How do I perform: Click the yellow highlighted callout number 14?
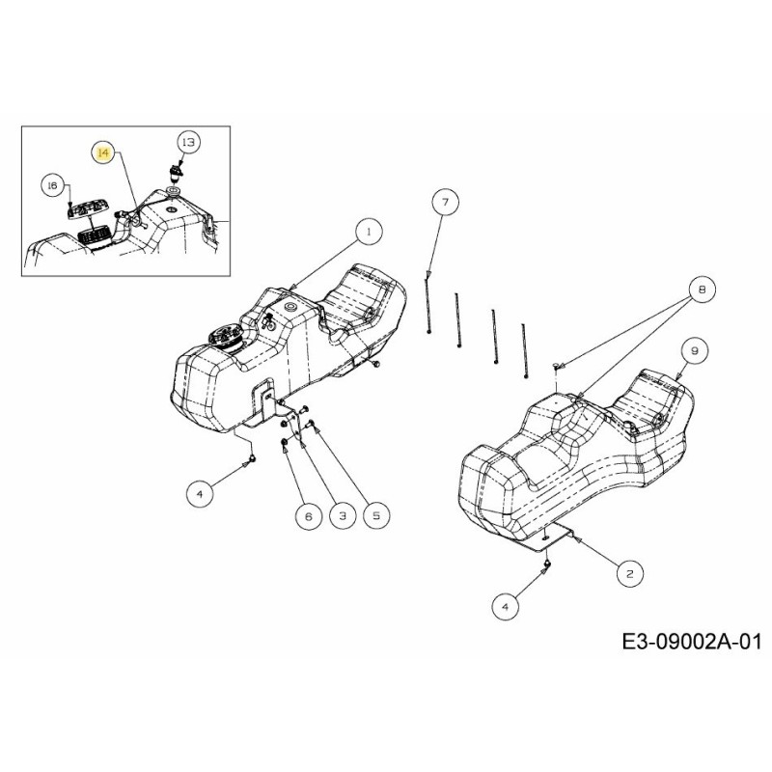(x=103, y=152)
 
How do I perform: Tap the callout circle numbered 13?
(x=188, y=142)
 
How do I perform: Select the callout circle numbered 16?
(x=54, y=185)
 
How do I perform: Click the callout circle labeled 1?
(x=368, y=232)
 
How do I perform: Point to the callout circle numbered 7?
(x=445, y=203)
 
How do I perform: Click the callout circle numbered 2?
(x=630, y=573)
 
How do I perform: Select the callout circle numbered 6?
(x=309, y=516)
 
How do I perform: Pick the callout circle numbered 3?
(x=341, y=516)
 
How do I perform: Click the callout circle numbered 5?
(x=374, y=516)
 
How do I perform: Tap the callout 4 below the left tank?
(x=200, y=493)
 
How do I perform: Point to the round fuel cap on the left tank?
(x=224, y=340)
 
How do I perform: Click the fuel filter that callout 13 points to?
(x=177, y=171)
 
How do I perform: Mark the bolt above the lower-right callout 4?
(x=547, y=565)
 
